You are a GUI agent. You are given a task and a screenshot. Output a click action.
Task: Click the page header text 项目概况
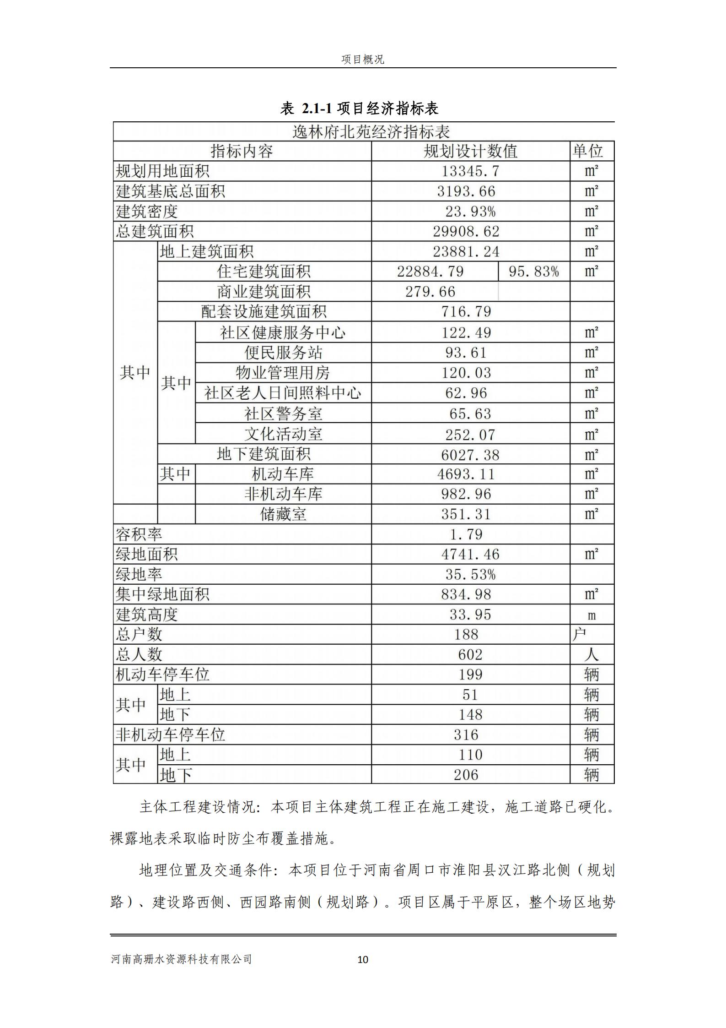(x=363, y=60)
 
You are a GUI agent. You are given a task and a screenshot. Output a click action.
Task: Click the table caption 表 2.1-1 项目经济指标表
(x=360, y=108)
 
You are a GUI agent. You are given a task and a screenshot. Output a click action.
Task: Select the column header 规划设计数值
(x=470, y=151)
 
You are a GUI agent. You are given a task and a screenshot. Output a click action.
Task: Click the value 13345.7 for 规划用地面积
(x=470, y=171)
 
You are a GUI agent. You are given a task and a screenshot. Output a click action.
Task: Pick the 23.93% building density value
(x=470, y=212)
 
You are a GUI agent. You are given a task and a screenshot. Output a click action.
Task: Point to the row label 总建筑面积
(x=155, y=232)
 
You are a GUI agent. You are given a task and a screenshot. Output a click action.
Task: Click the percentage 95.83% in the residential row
(x=533, y=272)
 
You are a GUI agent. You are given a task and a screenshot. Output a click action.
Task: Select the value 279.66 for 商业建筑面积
(x=430, y=292)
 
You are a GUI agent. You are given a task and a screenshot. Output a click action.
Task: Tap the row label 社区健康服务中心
(x=283, y=332)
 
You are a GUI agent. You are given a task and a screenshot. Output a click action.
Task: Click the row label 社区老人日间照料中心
(x=283, y=393)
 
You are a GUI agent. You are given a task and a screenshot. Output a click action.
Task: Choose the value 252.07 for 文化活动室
(x=470, y=434)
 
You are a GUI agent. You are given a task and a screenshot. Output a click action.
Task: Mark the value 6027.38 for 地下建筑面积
(x=470, y=455)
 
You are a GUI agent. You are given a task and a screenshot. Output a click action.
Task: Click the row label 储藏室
(x=283, y=514)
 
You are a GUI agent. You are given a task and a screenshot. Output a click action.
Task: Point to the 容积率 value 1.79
(x=470, y=534)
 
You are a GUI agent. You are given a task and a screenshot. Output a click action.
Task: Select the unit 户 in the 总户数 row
(x=579, y=635)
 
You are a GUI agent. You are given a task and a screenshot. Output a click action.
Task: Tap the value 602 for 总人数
(x=470, y=655)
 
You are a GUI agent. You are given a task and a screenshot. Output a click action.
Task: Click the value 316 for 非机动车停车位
(x=466, y=735)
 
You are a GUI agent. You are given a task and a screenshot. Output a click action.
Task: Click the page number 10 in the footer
(x=362, y=959)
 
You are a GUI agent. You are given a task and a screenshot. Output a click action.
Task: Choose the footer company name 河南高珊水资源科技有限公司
(x=182, y=959)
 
